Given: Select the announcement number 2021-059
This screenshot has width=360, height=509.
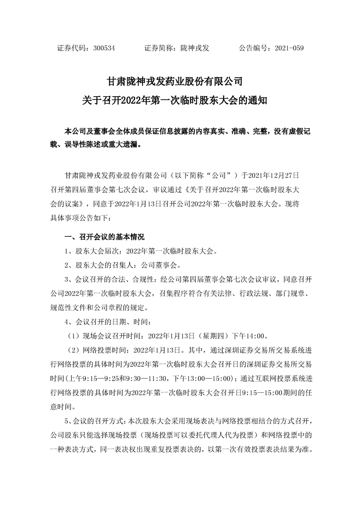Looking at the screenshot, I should click(x=287, y=48).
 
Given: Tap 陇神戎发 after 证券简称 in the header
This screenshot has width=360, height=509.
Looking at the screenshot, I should click(x=195, y=48).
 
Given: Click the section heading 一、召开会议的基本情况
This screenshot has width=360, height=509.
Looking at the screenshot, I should click(x=105, y=237).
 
